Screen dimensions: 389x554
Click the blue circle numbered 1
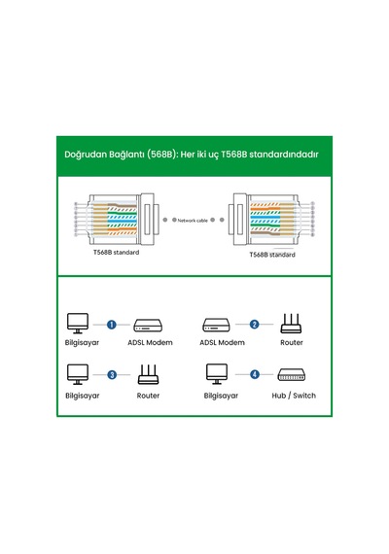(x=112, y=325)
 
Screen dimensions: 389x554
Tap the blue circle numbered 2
(x=254, y=324)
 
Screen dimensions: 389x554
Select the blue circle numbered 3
(x=112, y=375)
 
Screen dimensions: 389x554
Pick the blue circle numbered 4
(x=255, y=374)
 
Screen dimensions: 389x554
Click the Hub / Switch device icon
(x=292, y=375)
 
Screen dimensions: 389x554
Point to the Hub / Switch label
(x=294, y=396)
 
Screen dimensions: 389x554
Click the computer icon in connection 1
(x=78, y=324)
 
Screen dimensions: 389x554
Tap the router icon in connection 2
(x=291, y=324)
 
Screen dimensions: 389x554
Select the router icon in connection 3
(x=148, y=374)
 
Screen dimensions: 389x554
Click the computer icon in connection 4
(x=217, y=374)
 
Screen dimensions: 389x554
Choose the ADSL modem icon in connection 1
(x=148, y=325)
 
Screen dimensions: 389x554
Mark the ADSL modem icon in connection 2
(x=217, y=325)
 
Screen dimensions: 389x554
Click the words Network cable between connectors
(x=193, y=221)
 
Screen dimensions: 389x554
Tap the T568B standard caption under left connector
(x=117, y=253)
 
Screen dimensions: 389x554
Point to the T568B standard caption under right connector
(x=272, y=255)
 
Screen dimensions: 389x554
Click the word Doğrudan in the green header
(x=86, y=155)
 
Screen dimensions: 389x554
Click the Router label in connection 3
(x=148, y=396)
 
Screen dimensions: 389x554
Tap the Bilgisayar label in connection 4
(x=221, y=396)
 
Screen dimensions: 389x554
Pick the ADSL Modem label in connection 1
(x=151, y=342)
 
